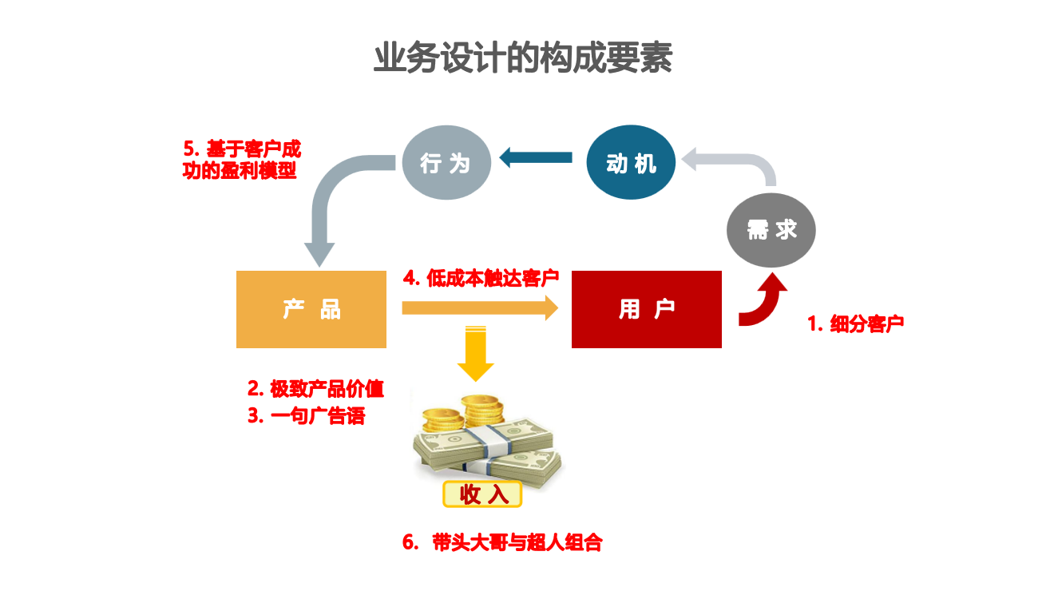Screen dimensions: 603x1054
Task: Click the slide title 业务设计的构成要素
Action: (x=523, y=58)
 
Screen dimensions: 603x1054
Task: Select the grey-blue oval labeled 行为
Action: (x=446, y=163)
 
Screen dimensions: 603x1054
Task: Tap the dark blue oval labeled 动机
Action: (x=631, y=163)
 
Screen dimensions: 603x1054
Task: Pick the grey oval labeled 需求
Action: (x=771, y=230)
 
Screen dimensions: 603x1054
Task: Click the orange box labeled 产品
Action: (x=311, y=309)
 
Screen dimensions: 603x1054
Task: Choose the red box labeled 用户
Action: (x=647, y=309)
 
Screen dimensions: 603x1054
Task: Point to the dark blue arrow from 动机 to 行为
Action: (x=537, y=158)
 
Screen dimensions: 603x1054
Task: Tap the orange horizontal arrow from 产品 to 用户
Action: (x=479, y=307)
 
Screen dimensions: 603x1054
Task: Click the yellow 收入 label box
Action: (x=482, y=494)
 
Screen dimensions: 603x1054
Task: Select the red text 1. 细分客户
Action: (x=855, y=324)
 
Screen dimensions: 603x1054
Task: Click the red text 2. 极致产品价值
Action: (x=315, y=389)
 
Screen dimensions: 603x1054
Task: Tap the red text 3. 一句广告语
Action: (x=306, y=416)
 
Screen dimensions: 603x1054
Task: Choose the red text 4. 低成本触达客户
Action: (x=481, y=278)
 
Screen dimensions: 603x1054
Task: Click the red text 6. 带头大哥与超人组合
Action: (x=502, y=543)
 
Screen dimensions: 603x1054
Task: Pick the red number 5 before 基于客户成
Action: (x=189, y=149)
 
